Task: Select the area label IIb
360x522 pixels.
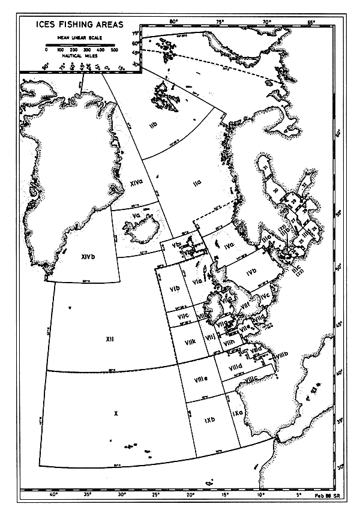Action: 153,125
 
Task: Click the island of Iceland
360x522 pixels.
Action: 138,231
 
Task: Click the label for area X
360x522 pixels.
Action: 114,414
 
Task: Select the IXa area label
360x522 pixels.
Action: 236,413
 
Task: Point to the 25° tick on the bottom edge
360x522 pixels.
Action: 156,495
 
